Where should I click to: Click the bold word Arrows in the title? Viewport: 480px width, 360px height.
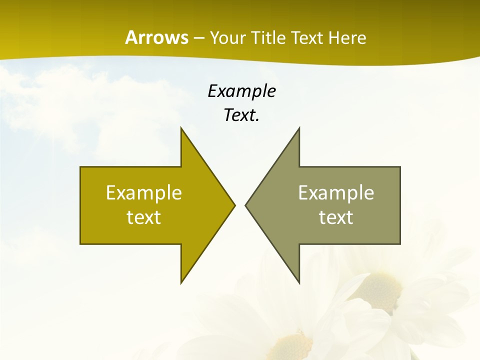pyautogui.click(x=156, y=37)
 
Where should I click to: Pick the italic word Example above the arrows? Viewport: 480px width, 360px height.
pyautogui.click(x=241, y=91)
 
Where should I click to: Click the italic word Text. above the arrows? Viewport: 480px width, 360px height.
pyautogui.click(x=241, y=115)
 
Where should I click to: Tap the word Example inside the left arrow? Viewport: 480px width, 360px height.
pyautogui.click(x=144, y=193)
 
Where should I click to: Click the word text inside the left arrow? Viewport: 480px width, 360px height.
pyautogui.click(x=144, y=217)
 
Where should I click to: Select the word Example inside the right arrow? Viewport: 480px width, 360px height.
pyautogui.click(x=336, y=193)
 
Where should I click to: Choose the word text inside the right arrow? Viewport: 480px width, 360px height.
pyautogui.click(x=336, y=217)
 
